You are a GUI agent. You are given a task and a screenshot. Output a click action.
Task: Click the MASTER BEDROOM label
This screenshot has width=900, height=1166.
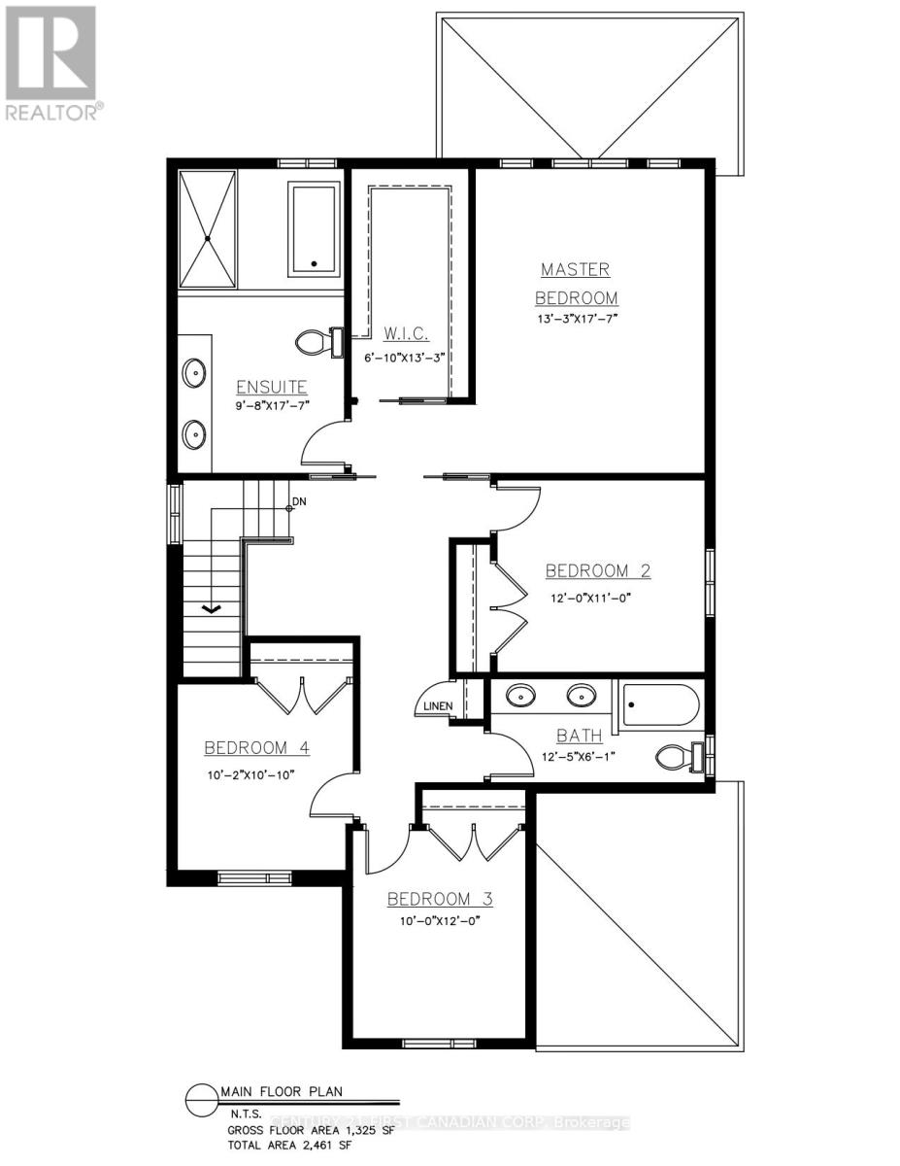tap(579, 283)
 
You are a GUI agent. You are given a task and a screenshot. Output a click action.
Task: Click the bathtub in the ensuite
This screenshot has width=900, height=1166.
tap(314, 229)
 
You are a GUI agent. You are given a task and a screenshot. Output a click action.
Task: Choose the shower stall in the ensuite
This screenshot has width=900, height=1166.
tap(206, 228)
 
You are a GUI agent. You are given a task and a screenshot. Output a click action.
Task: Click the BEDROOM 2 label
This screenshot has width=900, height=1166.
tap(597, 570)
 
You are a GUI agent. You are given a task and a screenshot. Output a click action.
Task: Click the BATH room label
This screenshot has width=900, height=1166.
tap(579, 736)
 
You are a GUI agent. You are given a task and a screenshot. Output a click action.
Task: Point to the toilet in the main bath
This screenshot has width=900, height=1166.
tap(679, 755)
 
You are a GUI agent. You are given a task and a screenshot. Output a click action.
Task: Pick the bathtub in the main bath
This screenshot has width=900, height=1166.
tap(659, 704)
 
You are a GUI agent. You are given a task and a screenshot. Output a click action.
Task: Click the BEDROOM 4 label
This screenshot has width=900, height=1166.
tap(256, 747)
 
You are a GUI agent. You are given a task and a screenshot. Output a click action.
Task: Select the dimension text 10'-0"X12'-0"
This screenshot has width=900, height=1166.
tap(440, 921)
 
